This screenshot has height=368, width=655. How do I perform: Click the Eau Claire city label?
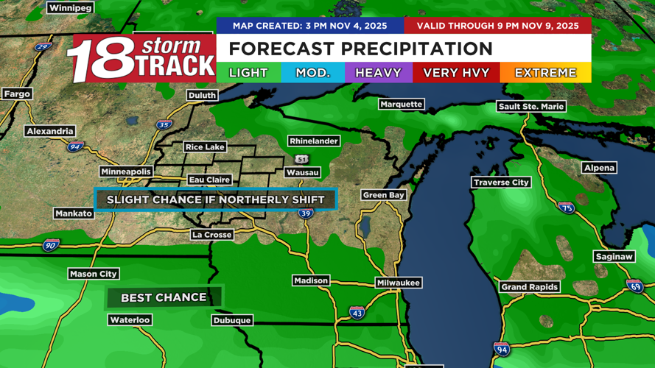tap(209, 180)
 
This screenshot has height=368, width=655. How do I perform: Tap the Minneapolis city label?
tap(126, 171)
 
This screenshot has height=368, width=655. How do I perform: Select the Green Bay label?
tap(384, 195)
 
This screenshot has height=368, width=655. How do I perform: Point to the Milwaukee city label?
tap(398, 283)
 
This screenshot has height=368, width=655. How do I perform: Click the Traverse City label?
tap(501, 182)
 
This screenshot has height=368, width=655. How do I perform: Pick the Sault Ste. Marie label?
tap(531, 107)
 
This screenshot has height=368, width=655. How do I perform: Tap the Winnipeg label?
tap(70, 8)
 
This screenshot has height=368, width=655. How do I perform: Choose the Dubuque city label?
tap(232, 320)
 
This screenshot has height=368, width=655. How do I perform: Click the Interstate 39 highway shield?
tap(306, 213)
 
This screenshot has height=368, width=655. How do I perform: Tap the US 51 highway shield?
tap(302, 159)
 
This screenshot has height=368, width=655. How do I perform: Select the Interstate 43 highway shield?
tap(357, 313)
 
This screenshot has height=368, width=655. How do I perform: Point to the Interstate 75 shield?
tap(566, 208)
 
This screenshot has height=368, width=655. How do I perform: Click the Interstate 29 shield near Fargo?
tap(42, 46)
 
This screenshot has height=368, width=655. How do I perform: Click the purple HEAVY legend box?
tap(378, 73)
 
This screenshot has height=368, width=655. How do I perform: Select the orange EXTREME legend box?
tap(545, 73)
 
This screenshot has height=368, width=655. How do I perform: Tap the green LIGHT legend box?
tap(248, 73)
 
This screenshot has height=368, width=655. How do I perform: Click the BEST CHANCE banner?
tap(164, 297)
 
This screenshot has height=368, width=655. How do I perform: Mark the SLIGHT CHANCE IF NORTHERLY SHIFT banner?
tap(215, 199)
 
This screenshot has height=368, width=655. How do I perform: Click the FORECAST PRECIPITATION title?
tap(360, 49)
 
